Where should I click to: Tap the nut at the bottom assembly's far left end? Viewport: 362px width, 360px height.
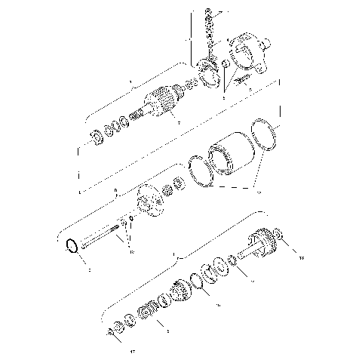(113, 330)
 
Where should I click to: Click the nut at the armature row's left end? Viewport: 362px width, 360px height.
(96, 138)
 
